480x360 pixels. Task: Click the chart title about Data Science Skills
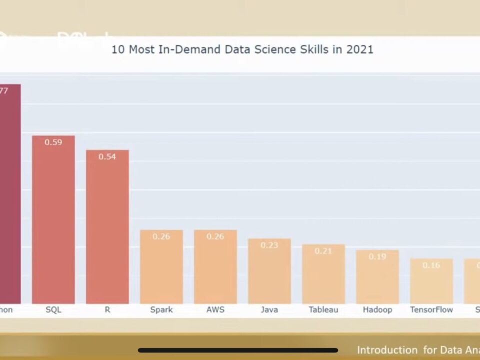click(242, 49)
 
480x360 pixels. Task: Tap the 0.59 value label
click(53, 142)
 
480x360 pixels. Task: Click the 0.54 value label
click(107, 156)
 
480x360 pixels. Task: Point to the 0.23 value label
click(269, 245)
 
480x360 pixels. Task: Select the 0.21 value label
click(323, 251)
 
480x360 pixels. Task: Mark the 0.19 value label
click(377, 256)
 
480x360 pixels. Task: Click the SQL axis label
click(53, 309)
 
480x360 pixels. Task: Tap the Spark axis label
click(161, 309)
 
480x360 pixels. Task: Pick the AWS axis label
click(215, 309)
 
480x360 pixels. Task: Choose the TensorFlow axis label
click(431, 309)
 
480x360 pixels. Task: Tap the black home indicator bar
click(238, 350)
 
